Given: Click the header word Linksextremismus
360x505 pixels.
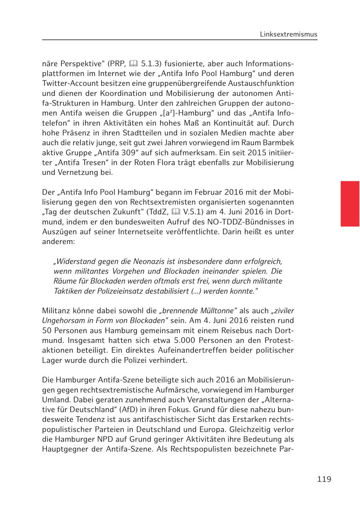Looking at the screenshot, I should [288, 34].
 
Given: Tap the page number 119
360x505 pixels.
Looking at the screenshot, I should [324, 479].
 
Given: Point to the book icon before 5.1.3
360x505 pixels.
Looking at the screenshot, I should [134, 64].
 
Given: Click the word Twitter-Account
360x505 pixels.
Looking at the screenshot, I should [68, 84].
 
